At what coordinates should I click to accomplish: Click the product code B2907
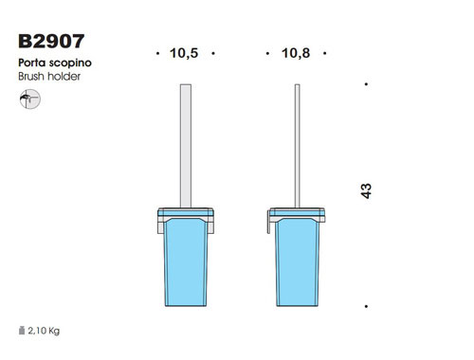coord(51,42)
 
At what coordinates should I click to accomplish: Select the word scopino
coord(70,63)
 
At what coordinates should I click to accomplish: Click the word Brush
coord(31,77)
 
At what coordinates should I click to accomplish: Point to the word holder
coord(64,77)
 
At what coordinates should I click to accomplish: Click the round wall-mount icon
coord(30,99)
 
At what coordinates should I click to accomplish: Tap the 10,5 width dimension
coord(184,53)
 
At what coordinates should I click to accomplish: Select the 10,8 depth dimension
coord(296,53)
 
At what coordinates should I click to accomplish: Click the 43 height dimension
coord(366,191)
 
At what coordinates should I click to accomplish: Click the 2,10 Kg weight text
coord(44,331)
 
